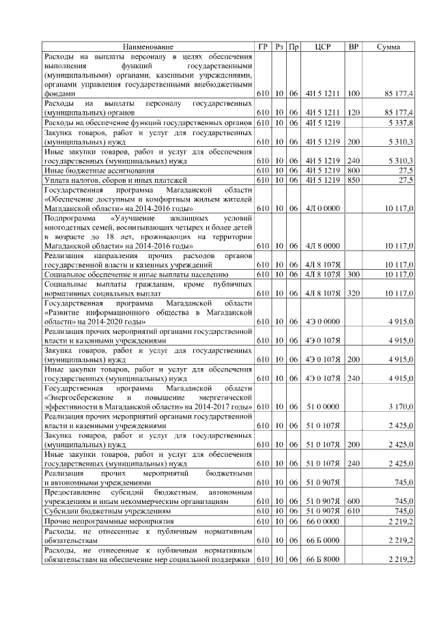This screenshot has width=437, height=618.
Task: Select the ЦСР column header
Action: click(323, 46)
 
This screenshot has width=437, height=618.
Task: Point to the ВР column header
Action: click(353, 46)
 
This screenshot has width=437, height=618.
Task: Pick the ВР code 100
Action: click(353, 92)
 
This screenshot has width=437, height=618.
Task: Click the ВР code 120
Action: click(353, 111)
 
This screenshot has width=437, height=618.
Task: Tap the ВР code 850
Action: click(353, 180)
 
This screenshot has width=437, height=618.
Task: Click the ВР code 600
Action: click(353, 501)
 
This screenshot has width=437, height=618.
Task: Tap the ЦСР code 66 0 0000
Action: click(323, 521)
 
